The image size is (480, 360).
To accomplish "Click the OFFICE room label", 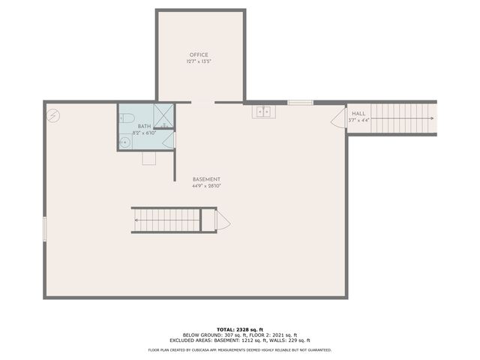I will click(199, 55).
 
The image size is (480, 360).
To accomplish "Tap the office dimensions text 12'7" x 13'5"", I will click(199, 61).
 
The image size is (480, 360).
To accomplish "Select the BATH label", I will click(144, 126).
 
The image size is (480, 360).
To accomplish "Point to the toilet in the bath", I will click(127, 118).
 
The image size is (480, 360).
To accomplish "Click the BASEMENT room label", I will click(206, 179).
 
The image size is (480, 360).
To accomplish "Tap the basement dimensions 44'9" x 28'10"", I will click(206, 186).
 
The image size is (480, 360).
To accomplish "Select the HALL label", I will click(358, 113).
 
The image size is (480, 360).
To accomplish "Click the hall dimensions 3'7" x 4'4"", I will click(358, 120).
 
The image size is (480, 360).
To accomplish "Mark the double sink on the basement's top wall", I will click(263, 112).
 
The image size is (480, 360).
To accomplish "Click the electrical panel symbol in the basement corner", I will click(54, 115).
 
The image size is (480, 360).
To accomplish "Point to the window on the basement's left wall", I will click(44, 229).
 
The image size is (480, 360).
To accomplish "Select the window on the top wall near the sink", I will click(300, 102).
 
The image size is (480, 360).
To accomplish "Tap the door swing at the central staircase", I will click(222, 220).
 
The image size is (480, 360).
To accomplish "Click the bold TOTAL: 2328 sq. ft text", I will click(240, 329).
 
